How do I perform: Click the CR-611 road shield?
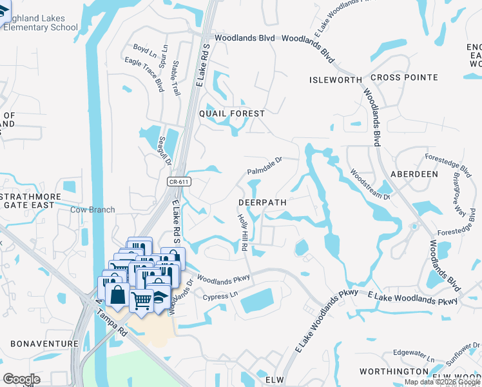179,183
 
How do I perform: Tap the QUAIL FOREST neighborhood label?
232,114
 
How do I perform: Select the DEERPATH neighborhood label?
262,202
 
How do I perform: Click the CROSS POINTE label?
404,77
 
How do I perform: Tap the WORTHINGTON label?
393,372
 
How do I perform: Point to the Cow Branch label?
92,210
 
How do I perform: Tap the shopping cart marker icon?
141,299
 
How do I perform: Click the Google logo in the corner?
21,379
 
